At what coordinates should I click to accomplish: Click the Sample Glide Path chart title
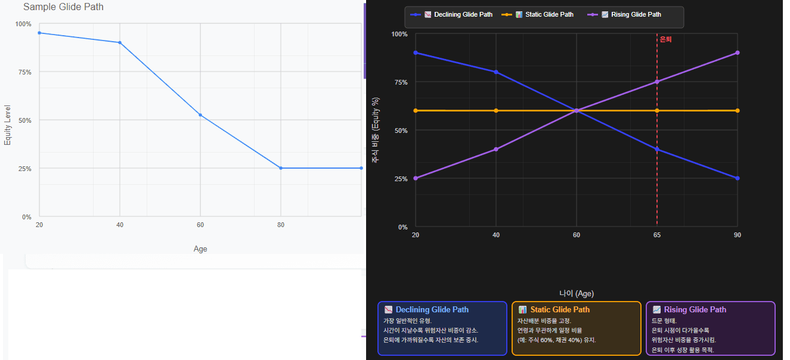pyautogui.click(x=63, y=7)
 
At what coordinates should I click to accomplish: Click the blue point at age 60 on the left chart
pyautogui.click(x=200, y=115)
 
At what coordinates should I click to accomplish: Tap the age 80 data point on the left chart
pyautogui.click(x=281, y=168)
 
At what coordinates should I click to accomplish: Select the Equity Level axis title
pyautogui.click(x=8, y=125)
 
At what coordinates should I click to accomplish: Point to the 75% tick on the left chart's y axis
pyautogui.click(x=23, y=72)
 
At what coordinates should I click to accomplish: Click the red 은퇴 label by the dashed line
pyautogui.click(x=665, y=39)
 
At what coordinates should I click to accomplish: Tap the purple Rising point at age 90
pyautogui.click(x=738, y=52)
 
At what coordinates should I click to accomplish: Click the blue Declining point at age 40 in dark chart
pyautogui.click(x=495, y=72)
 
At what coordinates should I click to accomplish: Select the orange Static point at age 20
pyautogui.click(x=416, y=110)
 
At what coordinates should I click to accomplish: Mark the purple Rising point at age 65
pyautogui.click(x=657, y=82)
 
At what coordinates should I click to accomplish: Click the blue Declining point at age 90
pyautogui.click(x=738, y=178)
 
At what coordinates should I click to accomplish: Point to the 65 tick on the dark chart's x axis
pyautogui.click(x=657, y=235)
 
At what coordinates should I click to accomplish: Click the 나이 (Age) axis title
pyautogui.click(x=576, y=293)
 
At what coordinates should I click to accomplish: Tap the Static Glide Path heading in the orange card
pyautogui.click(x=559, y=310)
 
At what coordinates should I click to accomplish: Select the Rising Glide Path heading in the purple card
pyautogui.click(x=695, y=310)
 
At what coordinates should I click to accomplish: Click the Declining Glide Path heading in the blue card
pyautogui.click(x=432, y=310)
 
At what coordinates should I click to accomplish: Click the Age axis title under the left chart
pyautogui.click(x=200, y=249)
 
